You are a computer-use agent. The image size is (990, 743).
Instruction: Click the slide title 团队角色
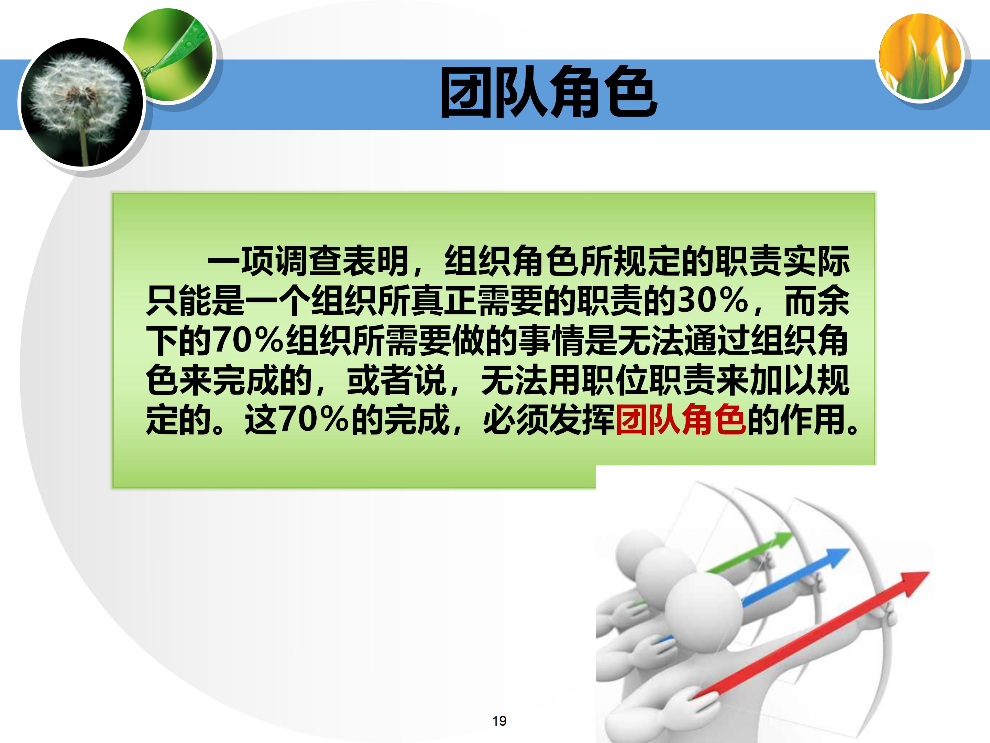pos(548,93)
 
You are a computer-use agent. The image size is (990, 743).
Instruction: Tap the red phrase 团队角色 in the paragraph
pos(680,420)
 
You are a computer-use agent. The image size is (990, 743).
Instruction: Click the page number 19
pos(499,721)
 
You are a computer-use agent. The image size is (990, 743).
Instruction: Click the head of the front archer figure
pos(701,611)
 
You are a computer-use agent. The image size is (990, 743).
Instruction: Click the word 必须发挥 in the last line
pos(549,420)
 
